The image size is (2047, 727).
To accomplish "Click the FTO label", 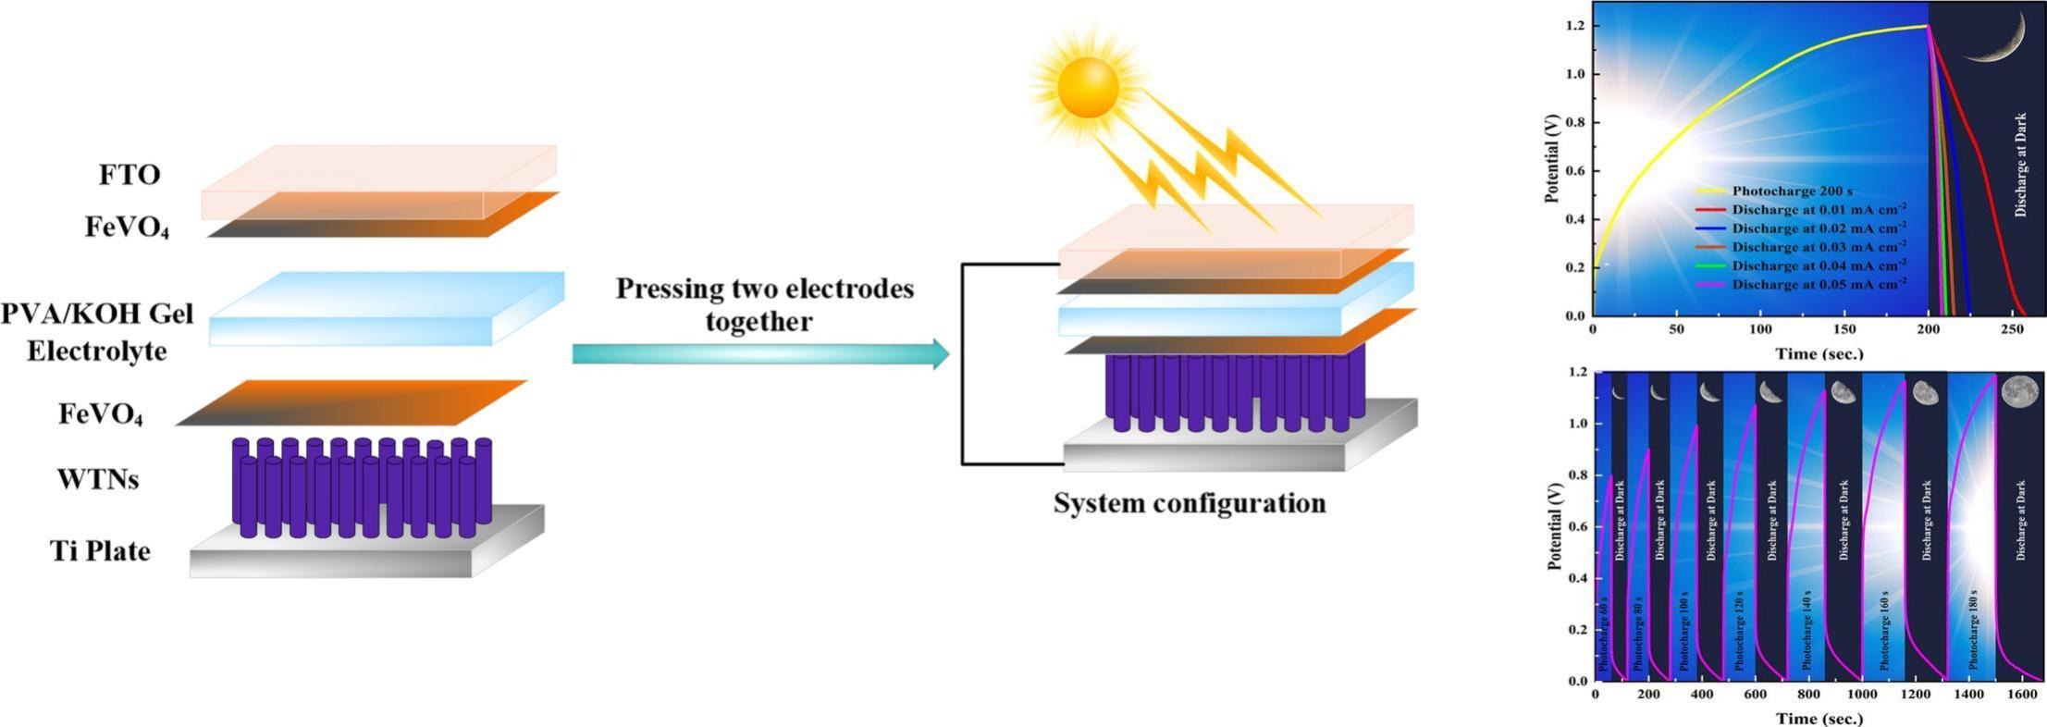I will [x=129, y=175].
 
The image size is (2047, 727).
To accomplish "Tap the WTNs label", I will [x=98, y=479].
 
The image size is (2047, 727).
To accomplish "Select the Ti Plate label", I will [x=100, y=551].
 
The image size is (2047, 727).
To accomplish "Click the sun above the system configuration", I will [x=1087, y=88].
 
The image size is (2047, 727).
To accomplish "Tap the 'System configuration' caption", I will [x=1190, y=503].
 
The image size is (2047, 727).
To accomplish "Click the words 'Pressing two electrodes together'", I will [x=765, y=304].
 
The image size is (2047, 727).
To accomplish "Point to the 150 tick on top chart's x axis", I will [x=1844, y=329].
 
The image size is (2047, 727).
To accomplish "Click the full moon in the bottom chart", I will [x=2019, y=391].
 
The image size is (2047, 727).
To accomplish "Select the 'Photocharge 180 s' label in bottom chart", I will [x=1973, y=629].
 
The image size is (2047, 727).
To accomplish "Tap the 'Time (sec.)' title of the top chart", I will [x=1819, y=352].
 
